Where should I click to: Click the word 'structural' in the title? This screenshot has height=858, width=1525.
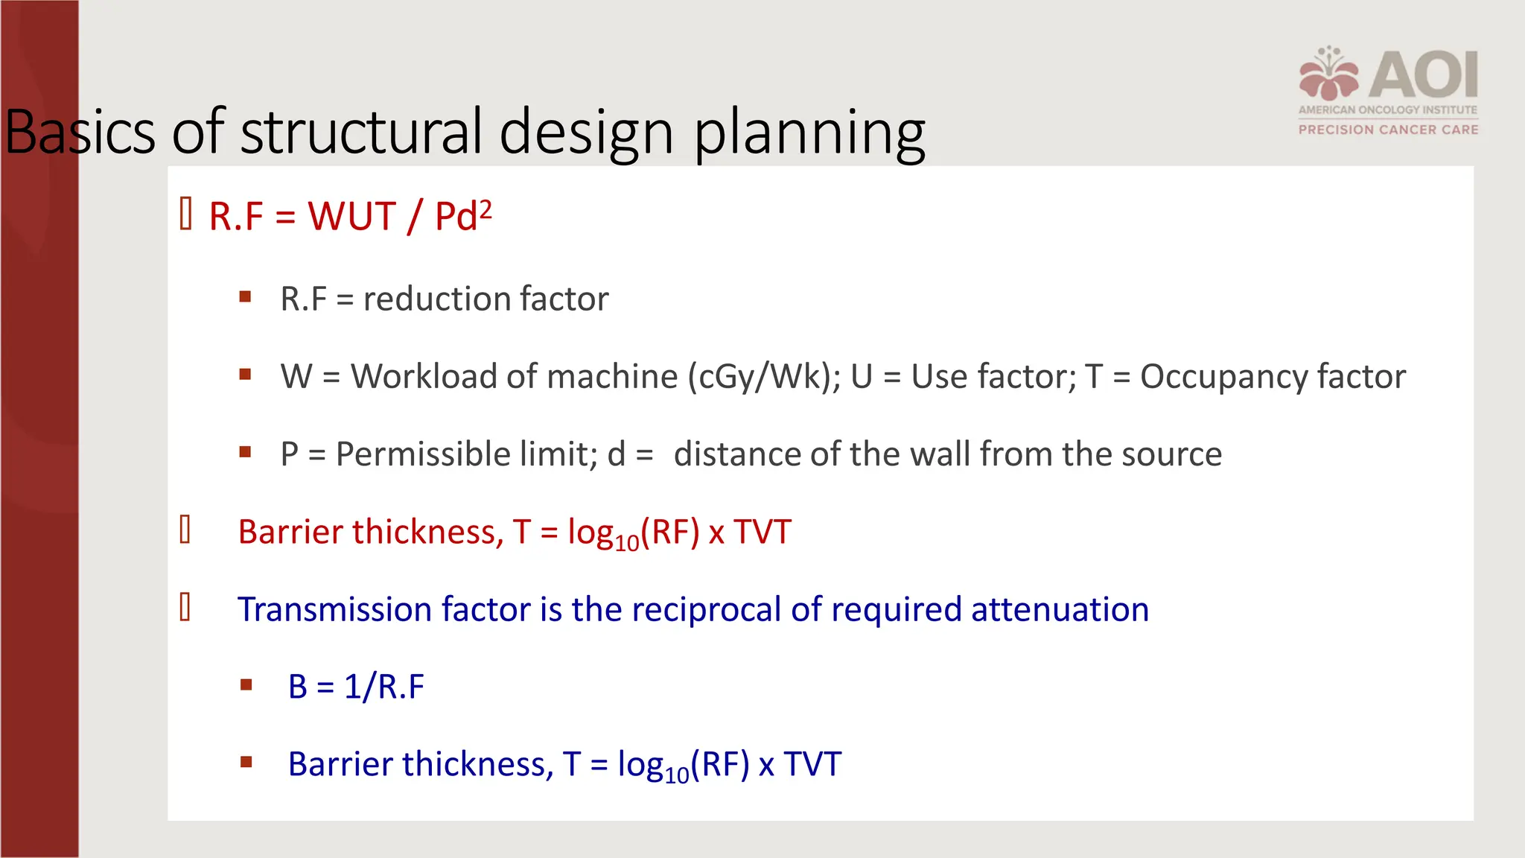tap(361, 132)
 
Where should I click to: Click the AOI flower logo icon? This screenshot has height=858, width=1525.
tap(1328, 74)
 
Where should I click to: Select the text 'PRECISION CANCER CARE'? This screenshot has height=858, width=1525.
tap(1388, 130)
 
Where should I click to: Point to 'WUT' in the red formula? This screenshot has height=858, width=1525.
tap(352, 217)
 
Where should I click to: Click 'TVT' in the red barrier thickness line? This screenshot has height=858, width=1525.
tap(762, 532)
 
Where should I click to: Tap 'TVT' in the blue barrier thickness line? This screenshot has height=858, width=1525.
tap(812, 764)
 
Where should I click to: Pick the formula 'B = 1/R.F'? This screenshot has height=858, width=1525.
tap(356, 687)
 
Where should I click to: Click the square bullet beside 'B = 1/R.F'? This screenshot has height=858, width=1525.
tap(246, 684)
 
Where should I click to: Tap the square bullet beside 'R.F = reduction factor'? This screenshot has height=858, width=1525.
tap(245, 297)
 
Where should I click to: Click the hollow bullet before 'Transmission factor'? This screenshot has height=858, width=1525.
tap(185, 607)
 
